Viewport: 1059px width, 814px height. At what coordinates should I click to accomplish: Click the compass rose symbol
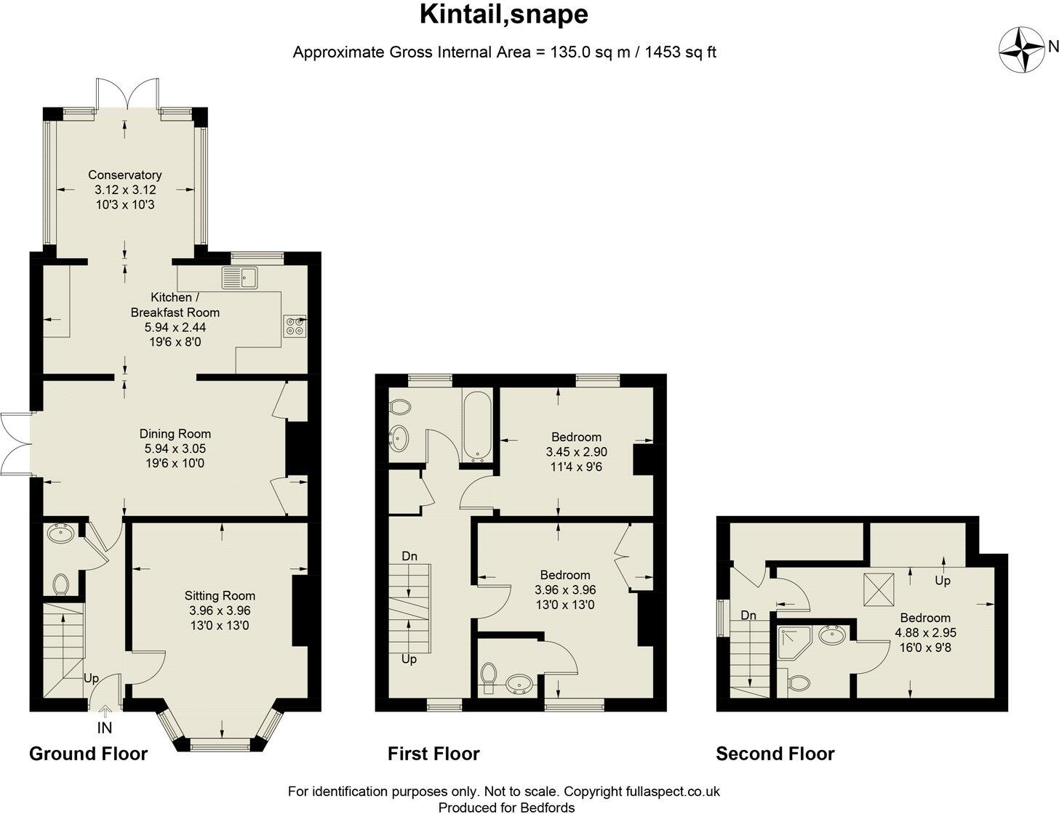pos(1021,49)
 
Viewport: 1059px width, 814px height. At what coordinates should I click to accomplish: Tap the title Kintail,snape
pos(504,14)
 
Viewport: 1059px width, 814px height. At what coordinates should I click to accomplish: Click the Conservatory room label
pos(124,174)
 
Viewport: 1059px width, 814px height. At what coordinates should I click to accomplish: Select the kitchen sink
pos(240,277)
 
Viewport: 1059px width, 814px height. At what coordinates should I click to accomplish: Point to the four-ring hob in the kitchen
pos(295,326)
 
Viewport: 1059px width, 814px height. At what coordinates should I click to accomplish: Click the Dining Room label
pos(175,433)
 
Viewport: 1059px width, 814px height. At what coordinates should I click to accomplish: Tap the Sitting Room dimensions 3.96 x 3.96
pos(220,610)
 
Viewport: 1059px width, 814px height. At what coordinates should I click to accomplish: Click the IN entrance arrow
pos(105,725)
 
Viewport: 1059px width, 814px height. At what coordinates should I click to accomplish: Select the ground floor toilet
pos(61,584)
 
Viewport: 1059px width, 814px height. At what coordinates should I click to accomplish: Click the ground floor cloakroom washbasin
pos(60,534)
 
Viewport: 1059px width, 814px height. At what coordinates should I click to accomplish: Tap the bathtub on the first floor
pos(477,427)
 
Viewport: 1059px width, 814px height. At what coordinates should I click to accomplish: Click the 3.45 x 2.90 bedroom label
pos(576,451)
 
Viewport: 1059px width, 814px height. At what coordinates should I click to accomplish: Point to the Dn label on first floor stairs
pos(409,556)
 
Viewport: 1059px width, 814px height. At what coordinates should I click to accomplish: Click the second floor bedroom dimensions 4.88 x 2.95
pos(925,632)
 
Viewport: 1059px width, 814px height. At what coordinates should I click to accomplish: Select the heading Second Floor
pos(775,754)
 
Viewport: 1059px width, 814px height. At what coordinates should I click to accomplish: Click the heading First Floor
pos(433,754)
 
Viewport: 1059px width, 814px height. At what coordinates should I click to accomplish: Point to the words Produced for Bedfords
pos(506,807)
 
